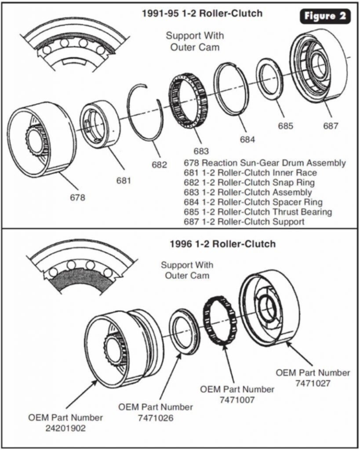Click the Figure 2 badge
click(x=325, y=16)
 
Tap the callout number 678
click(x=77, y=197)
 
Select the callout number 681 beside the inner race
click(x=124, y=181)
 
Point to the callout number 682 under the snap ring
click(x=159, y=165)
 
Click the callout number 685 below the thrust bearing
click(x=285, y=126)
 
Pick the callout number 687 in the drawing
click(x=331, y=126)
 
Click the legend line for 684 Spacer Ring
click(x=253, y=202)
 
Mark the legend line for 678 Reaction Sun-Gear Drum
click(x=265, y=163)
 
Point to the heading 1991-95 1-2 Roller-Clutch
click(x=202, y=13)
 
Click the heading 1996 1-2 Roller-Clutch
click(x=223, y=244)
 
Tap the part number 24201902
click(x=65, y=428)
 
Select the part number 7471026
click(x=156, y=418)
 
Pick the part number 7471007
click(x=237, y=400)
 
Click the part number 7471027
click(x=313, y=383)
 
